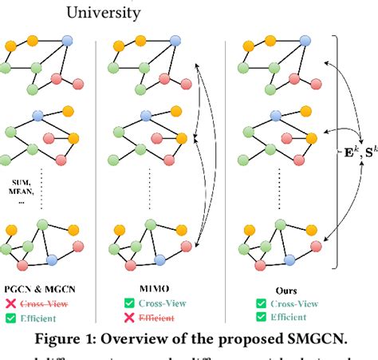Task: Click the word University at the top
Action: tap(103, 13)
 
